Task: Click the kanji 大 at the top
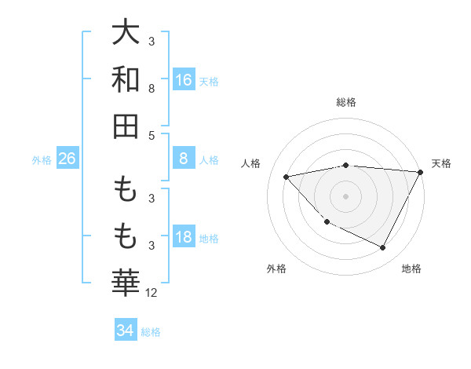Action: pyautogui.click(x=126, y=33)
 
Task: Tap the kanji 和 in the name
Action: pyautogui.click(x=126, y=79)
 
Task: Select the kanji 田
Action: pyautogui.click(x=126, y=125)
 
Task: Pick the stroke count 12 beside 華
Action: pyautogui.click(x=152, y=293)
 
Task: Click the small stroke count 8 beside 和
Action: pyautogui.click(x=151, y=89)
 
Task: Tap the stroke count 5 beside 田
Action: pyautogui.click(x=151, y=135)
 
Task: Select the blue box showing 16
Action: pyautogui.click(x=184, y=79)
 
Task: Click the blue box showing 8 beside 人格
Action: pyautogui.click(x=184, y=159)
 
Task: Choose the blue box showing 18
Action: pyautogui.click(x=184, y=237)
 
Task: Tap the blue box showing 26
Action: pyautogui.click(x=67, y=159)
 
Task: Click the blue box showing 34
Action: pyautogui.click(x=125, y=331)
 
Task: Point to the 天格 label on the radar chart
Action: pyautogui.click(x=441, y=163)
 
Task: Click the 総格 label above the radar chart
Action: pyautogui.click(x=345, y=102)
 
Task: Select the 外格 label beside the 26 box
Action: pyautogui.click(x=42, y=160)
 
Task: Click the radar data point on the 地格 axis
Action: pyautogui.click(x=383, y=248)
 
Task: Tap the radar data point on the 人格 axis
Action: pyautogui.click(x=287, y=177)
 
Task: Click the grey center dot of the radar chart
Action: pyautogui.click(x=345, y=195)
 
